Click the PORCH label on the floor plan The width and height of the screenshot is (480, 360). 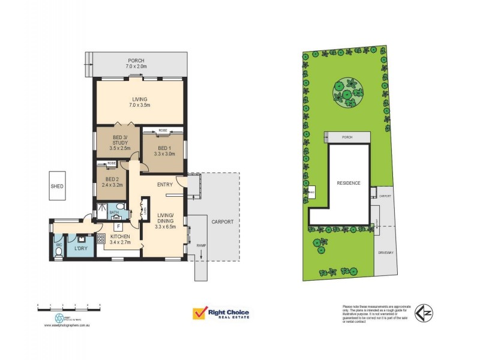136,60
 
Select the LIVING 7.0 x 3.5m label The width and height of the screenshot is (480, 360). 140,102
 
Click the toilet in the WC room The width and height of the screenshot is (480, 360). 58,253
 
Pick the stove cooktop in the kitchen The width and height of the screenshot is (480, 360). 101,236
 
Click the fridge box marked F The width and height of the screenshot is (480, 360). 119,226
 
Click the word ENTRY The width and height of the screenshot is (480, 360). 166,184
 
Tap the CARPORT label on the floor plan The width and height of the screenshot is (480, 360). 222,221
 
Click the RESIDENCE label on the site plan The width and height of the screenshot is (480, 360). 348,182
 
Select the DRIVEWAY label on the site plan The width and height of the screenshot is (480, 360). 386,253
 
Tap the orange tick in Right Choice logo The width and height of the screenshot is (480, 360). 199,314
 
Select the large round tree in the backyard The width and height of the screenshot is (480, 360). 346,91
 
